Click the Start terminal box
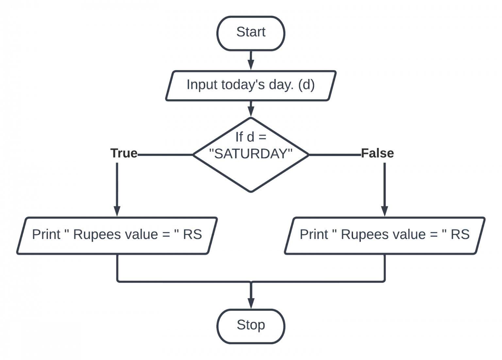click(x=251, y=33)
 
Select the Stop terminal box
click(x=251, y=326)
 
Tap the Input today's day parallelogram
click(x=251, y=85)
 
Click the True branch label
click(x=124, y=153)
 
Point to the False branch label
click(x=377, y=153)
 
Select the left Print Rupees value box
click(x=117, y=235)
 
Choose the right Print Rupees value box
click(x=384, y=235)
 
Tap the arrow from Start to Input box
click(x=251, y=61)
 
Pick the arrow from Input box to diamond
click(x=251, y=109)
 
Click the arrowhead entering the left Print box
click(x=117, y=211)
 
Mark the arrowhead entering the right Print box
click(x=385, y=211)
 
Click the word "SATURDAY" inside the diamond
click(x=251, y=154)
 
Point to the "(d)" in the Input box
click(x=306, y=85)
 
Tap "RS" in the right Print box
click(x=460, y=234)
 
